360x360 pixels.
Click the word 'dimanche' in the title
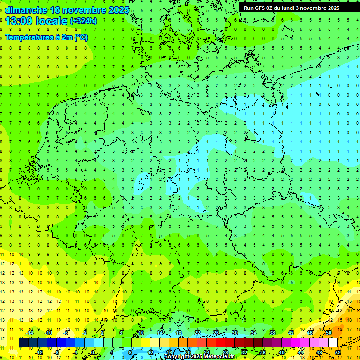click(26, 10)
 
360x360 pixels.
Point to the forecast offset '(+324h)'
click(83, 21)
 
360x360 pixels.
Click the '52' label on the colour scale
click(338, 352)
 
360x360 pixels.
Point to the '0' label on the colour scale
click(93, 352)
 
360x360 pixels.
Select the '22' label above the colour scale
click(197, 332)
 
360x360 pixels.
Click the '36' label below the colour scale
click(263, 352)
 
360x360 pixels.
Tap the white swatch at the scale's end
click(333, 342)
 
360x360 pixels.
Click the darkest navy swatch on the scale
click(23, 342)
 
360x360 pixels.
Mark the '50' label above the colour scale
click(329, 332)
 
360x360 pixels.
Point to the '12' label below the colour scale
click(150, 352)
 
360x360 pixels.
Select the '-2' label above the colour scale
click(85, 332)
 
